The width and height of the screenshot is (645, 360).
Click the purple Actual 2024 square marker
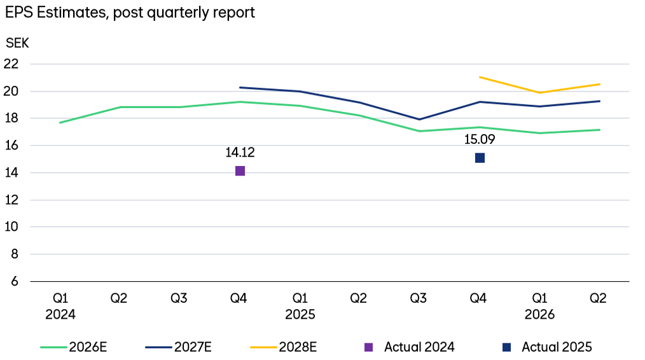240,170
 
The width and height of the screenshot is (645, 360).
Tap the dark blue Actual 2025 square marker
480,158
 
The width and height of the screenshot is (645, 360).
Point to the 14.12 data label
240,153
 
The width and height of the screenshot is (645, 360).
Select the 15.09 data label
480,139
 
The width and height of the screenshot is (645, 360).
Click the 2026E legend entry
74,347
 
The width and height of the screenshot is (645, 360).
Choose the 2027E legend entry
179,347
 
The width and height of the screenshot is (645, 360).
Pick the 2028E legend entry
284,347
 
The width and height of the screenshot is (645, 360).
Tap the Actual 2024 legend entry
410,347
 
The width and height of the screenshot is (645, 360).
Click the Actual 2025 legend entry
548,347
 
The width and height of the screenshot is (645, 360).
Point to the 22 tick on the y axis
11,64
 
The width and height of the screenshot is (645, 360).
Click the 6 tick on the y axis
15,281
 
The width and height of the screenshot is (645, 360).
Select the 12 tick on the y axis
11,200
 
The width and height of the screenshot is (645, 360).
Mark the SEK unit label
17,43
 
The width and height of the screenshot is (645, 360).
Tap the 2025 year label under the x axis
300,314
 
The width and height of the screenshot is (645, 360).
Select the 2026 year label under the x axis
539,314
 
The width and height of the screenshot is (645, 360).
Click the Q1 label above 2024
60,298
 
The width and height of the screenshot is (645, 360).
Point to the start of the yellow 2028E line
480,77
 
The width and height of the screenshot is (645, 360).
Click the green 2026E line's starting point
60,123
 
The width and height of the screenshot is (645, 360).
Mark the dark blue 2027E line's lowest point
419,120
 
